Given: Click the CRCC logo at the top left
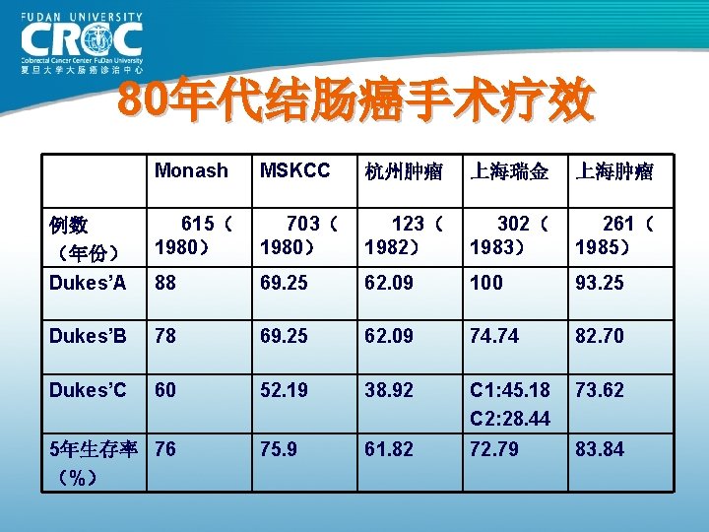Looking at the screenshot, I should click(81, 43).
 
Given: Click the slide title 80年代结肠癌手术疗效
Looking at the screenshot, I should click(354, 101).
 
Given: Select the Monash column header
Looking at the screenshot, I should click(191, 171).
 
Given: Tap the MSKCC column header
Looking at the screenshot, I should click(294, 171).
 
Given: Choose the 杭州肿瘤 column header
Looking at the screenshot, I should click(399, 172).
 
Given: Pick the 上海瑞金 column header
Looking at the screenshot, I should click(509, 172).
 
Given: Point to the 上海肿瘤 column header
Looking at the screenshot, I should click(614, 172).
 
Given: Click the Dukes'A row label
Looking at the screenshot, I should click(88, 283).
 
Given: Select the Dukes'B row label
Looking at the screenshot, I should click(88, 336).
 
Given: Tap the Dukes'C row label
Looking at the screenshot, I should click(89, 390).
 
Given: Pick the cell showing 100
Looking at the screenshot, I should click(487, 284).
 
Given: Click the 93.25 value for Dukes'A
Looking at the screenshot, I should click(600, 284).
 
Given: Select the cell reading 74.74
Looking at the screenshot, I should click(495, 336).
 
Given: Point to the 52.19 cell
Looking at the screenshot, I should click(286, 390).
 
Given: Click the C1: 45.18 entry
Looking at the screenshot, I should click(510, 390).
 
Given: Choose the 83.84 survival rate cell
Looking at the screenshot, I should click(600, 450).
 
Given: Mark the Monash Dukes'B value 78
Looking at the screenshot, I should click(165, 336).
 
